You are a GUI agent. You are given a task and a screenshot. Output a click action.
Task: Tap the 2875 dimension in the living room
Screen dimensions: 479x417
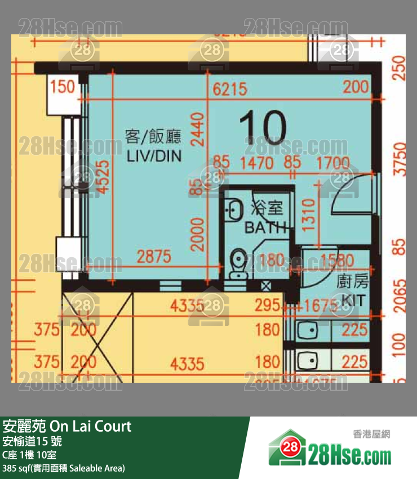(154, 257)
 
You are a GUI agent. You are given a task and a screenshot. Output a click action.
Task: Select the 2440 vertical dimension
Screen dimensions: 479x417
(197, 129)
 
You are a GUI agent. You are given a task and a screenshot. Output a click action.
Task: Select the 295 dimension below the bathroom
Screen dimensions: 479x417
(267, 306)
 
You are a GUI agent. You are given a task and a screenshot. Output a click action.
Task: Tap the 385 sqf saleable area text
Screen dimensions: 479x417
(64, 468)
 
